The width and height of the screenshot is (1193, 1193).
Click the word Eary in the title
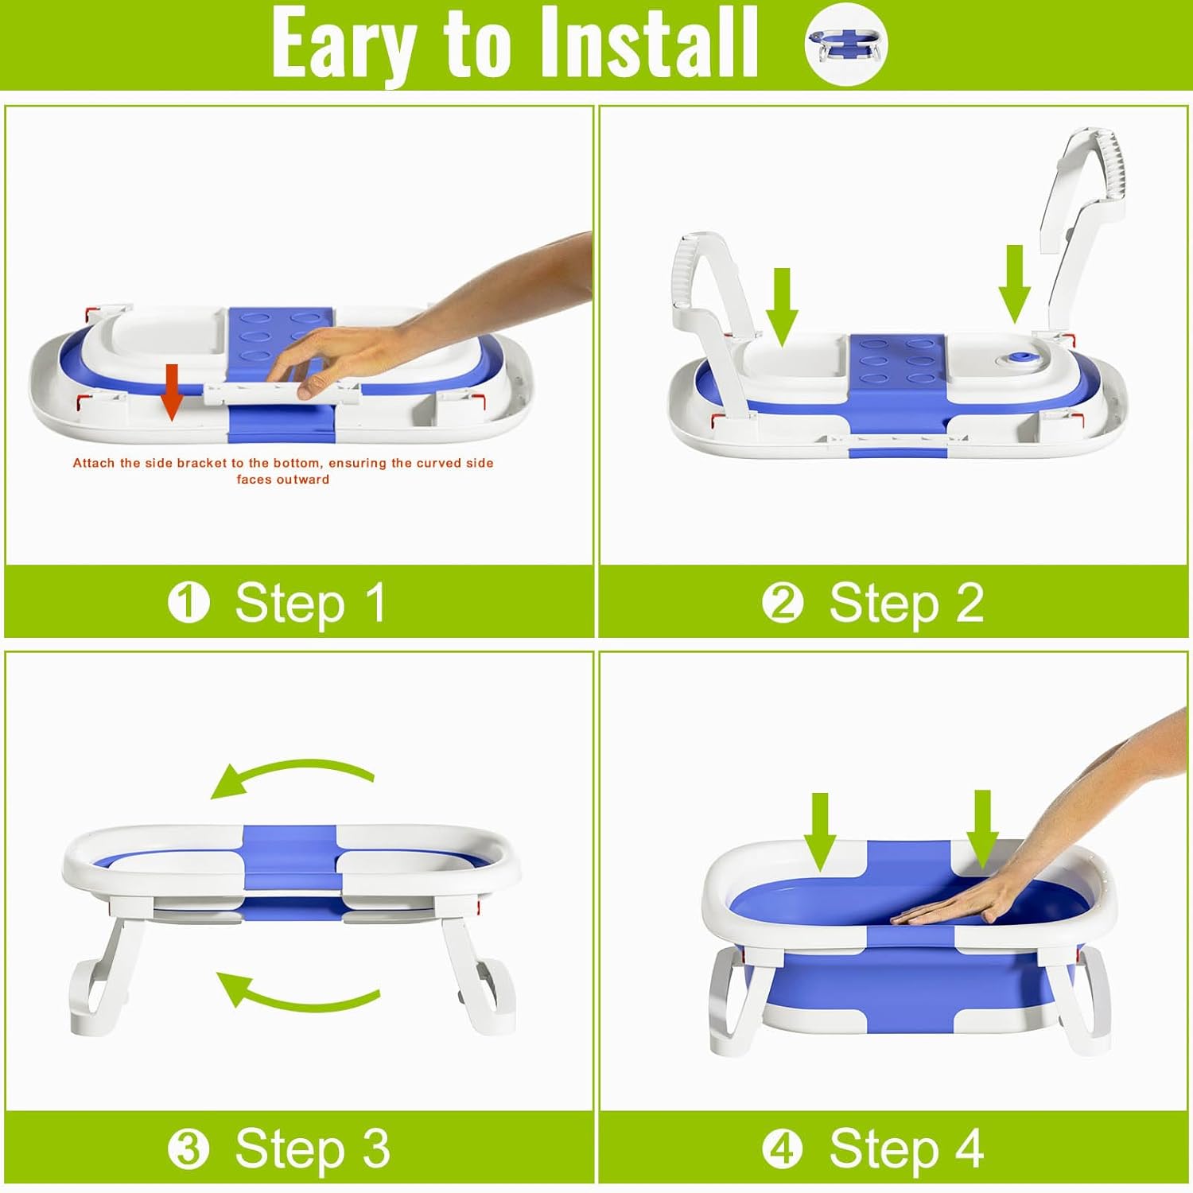point(344,44)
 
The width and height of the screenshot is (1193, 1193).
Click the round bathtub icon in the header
point(845,43)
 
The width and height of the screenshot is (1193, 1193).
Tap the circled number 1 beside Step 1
point(188,602)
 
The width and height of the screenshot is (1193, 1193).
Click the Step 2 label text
point(906,602)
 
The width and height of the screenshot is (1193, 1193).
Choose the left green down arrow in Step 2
point(782,306)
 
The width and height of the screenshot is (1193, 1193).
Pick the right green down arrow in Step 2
point(1014,283)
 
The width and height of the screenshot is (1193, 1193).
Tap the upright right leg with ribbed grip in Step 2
point(1086,215)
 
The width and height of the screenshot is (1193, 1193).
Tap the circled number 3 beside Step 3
point(188,1148)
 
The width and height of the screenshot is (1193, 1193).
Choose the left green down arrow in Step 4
point(820,831)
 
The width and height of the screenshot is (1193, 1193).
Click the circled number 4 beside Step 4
point(783,1148)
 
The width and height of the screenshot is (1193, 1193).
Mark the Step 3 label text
point(312,1148)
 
